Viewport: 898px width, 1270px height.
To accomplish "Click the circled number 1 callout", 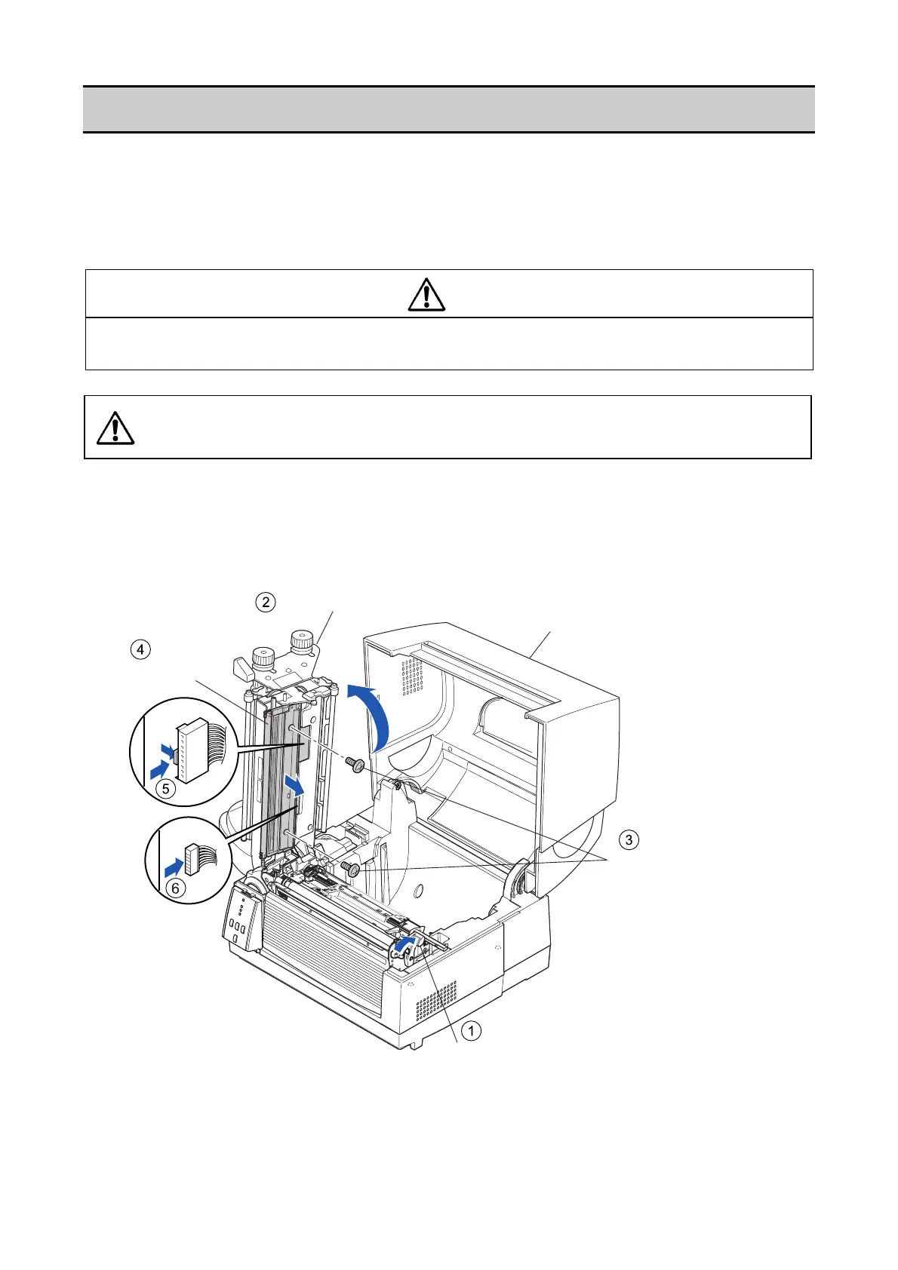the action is point(471,1030).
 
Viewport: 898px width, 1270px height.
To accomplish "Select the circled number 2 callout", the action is point(264,602).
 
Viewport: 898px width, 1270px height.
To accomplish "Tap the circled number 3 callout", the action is point(629,839).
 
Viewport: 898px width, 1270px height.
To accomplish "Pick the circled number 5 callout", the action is point(165,789).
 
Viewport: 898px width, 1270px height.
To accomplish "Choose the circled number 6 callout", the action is point(175,888).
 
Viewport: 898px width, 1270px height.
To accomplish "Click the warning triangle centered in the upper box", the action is point(426,294).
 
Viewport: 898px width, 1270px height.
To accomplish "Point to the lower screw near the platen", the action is point(351,869).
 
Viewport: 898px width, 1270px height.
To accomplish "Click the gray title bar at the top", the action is point(448,109).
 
